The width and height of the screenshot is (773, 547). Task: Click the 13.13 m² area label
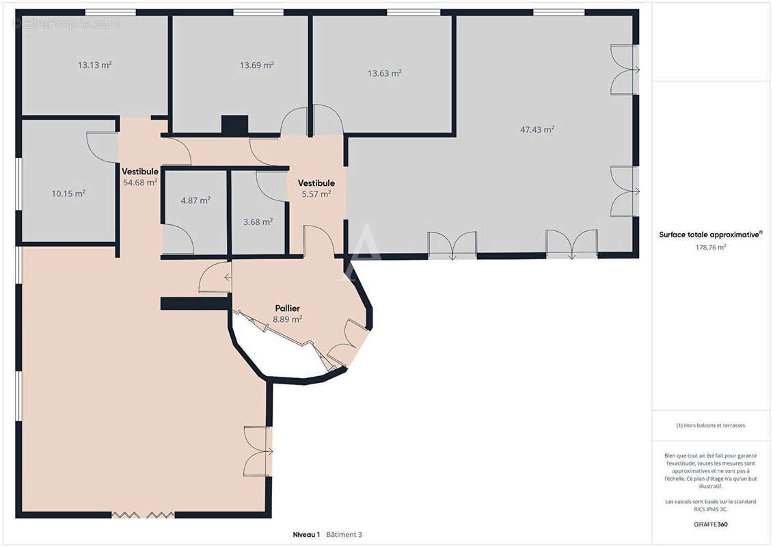pos(94,64)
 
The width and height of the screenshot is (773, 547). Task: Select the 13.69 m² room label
pos(257,64)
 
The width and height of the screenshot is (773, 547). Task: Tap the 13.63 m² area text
pos(385,73)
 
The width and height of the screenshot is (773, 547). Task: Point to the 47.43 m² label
pos(537,129)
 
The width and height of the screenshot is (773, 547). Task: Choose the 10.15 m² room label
pos(68,194)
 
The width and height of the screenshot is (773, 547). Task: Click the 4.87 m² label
pos(195,200)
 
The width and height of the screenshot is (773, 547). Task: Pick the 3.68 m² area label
pos(258,222)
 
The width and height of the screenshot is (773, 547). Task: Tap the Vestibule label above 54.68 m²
pos(140,172)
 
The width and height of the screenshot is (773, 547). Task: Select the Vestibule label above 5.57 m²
pos(316,183)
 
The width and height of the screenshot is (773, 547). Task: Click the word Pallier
pos(288,308)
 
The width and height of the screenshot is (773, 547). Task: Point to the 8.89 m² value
pos(288,319)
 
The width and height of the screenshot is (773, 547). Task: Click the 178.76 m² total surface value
pos(710,247)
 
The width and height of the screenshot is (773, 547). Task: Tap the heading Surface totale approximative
pos(710,235)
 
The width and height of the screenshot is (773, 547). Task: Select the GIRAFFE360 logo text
pos(710,524)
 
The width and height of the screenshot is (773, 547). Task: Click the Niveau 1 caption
pos(306,535)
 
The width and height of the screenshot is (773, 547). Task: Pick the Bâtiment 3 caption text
pos(344,535)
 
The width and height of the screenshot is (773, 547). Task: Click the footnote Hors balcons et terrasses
pos(710,425)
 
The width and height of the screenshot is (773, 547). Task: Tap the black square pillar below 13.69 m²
pos(234,125)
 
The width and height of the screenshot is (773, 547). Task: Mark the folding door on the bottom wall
pos(143,516)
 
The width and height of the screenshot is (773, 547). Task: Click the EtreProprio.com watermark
pos(66,23)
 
